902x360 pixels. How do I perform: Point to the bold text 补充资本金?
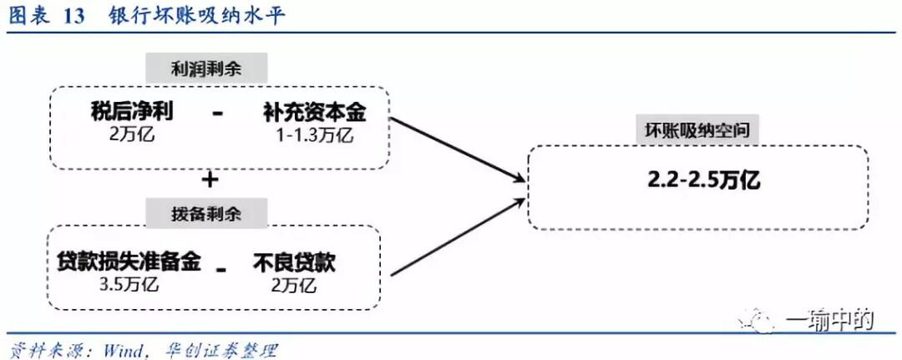314,113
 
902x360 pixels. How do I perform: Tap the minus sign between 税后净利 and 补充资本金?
218,114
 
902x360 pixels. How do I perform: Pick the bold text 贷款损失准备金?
129,262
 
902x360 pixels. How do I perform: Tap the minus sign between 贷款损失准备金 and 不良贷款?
221,268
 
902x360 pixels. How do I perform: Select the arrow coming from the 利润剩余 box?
456,149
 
